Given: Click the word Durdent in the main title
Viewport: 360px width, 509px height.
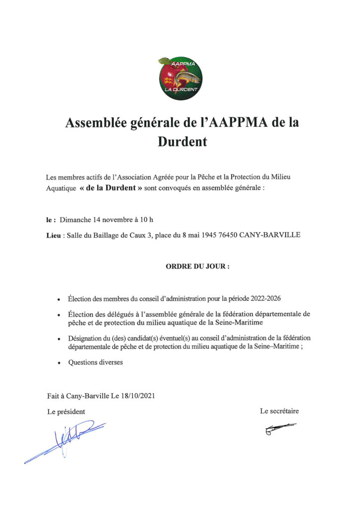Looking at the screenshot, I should tap(182, 142).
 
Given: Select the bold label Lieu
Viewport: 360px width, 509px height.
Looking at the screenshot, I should tap(53, 235).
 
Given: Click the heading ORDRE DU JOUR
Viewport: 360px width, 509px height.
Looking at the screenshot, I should tap(197, 266).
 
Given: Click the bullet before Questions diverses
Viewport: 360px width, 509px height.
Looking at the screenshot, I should tap(59, 363).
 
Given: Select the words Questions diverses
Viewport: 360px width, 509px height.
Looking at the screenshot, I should tap(95, 362).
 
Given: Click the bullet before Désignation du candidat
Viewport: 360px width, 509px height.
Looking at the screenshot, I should tap(59, 339).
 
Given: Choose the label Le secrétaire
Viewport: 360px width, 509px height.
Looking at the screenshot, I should tap(279, 411).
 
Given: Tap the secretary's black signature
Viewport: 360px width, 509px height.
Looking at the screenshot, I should tap(280, 429).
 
